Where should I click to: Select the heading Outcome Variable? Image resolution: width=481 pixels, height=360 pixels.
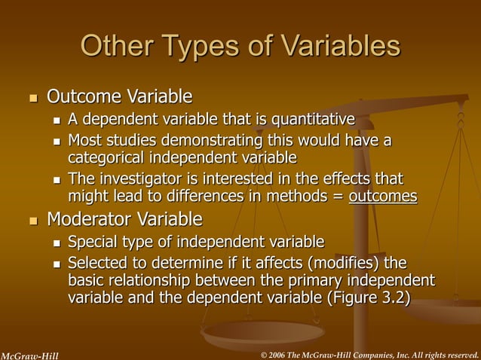click(x=119, y=96)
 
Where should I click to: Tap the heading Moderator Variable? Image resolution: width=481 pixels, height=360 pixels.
click(x=124, y=219)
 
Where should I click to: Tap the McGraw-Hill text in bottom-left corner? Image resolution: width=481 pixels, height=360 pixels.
click(x=29, y=354)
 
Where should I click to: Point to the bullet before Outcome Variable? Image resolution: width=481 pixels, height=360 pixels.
click(x=32, y=98)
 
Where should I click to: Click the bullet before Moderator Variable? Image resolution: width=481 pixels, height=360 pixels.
click(x=32, y=221)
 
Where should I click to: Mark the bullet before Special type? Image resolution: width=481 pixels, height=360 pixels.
click(x=57, y=243)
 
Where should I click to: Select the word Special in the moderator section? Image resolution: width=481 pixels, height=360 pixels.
click(x=92, y=242)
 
